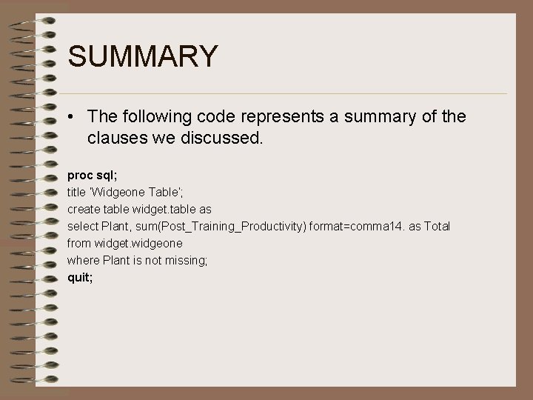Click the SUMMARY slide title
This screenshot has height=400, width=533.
142,56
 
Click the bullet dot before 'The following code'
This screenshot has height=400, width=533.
70,117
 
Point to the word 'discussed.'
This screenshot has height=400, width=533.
224,137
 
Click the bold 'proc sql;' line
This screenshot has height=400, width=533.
93,176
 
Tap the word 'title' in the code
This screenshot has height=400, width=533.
76,192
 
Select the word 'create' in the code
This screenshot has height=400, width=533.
82,209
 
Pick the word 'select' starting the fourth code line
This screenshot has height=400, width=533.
81,226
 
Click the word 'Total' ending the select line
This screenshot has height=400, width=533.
437,226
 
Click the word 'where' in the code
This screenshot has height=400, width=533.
81,260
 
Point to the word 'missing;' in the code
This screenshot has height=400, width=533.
188,260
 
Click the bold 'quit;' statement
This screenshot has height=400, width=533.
80,277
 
